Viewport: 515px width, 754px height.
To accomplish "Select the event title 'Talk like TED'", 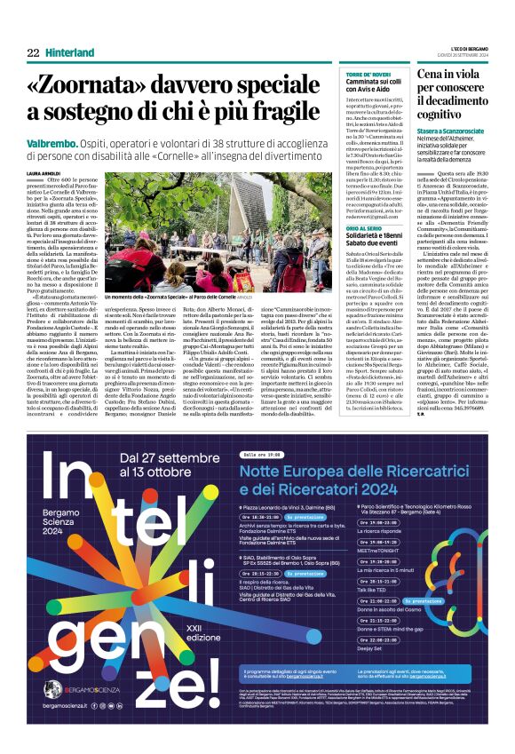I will (374, 615).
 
